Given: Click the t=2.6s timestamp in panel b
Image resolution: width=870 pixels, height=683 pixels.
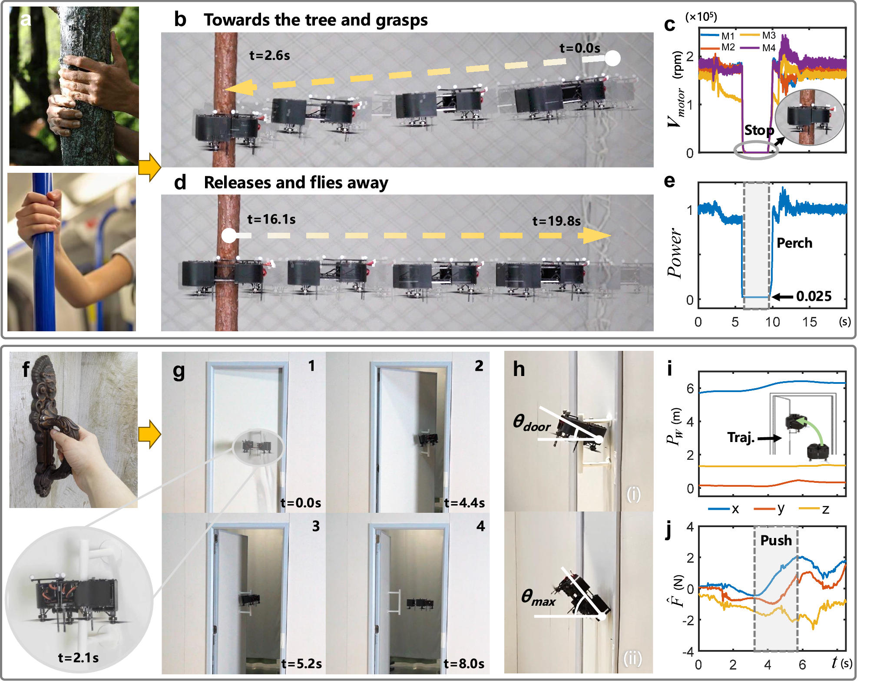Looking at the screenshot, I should pos(269,56).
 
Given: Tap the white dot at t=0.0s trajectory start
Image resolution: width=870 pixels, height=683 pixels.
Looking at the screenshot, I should pos(612,58).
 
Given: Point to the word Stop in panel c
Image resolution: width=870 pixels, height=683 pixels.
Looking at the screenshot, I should pos(759,130).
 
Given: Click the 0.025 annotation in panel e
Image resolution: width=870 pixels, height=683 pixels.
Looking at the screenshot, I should pos(813,296).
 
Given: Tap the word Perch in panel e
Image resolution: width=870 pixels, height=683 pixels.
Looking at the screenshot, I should pos(794,243).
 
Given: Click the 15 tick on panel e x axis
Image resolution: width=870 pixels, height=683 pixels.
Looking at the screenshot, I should pos(809,322).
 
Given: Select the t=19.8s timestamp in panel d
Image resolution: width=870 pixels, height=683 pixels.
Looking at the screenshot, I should pos(556,221).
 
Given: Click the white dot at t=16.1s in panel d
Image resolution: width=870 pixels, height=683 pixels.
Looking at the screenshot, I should pos(229,236).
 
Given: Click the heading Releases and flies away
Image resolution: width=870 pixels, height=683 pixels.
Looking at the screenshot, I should pos(296,182).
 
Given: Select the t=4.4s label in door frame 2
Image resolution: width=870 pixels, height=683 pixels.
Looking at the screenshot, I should pos(464,503).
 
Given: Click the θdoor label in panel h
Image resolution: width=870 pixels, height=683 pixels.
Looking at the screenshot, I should pos(531,422).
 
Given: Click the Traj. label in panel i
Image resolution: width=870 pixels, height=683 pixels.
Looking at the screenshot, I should pos(741,437).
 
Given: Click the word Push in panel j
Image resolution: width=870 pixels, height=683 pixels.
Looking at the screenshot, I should pos(776,540).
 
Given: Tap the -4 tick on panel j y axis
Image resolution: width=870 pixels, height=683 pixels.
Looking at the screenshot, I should pos(688,651).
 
